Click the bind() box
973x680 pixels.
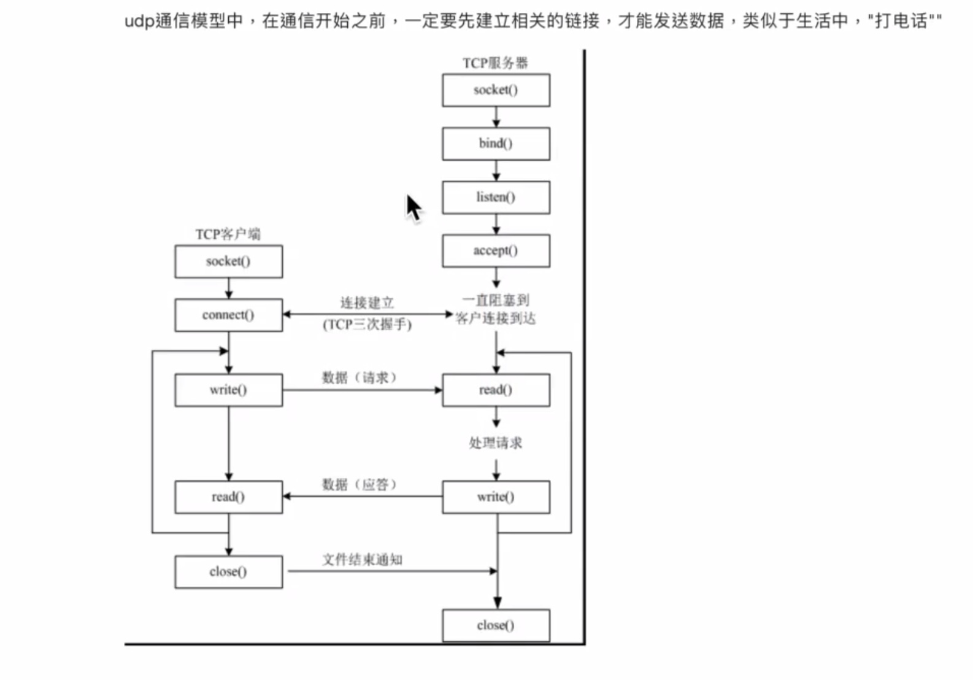[x=496, y=144]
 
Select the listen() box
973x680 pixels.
[x=496, y=197]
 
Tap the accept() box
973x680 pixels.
[x=496, y=250]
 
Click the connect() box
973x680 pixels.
[x=228, y=315]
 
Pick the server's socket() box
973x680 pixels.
[x=496, y=90]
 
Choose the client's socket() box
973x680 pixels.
[x=228, y=261]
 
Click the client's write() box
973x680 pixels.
[x=228, y=390]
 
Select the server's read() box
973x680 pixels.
[x=496, y=390]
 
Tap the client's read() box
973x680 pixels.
[x=228, y=496]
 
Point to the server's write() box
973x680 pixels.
[x=496, y=496]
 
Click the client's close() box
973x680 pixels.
[x=228, y=571]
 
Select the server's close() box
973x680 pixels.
[x=496, y=625]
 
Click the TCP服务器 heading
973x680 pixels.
[x=495, y=63]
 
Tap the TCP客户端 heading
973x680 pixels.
[x=228, y=234]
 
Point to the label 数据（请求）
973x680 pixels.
[x=360, y=377]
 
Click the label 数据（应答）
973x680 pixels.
[x=360, y=485]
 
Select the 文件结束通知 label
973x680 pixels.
[x=363, y=559]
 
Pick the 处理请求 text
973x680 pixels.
[x=496, y=442]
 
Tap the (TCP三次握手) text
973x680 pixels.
[x=367, y=325]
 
